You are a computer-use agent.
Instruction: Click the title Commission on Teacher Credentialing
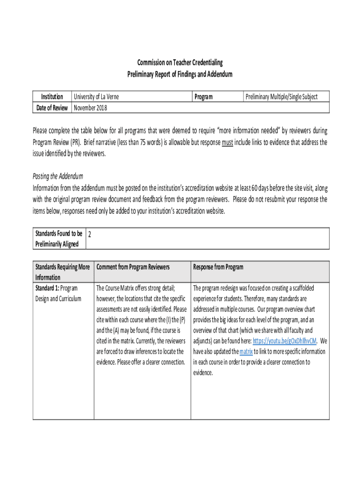(180, 63)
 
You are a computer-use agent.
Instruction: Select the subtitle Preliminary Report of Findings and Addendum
(180, 74)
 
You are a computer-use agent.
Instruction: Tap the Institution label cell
(52, 97)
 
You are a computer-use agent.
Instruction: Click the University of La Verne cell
(96, 97)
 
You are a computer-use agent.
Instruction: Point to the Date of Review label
(52, 108)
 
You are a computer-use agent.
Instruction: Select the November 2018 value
(90, 108)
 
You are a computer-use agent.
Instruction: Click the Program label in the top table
(203, 97)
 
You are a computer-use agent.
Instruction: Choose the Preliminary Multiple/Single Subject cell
(281, 97)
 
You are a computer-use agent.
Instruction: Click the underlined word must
(228, 142)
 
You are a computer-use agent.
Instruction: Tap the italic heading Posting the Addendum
(58, 176)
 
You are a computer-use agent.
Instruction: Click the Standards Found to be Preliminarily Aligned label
(59, 238)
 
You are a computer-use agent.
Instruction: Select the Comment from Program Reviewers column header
(133, 267)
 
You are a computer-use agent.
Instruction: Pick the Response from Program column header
(218, 267)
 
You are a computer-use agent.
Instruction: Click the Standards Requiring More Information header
(63, 272)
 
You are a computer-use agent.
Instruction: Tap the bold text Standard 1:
(47, 288)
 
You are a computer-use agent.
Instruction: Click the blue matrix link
(246, 352)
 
